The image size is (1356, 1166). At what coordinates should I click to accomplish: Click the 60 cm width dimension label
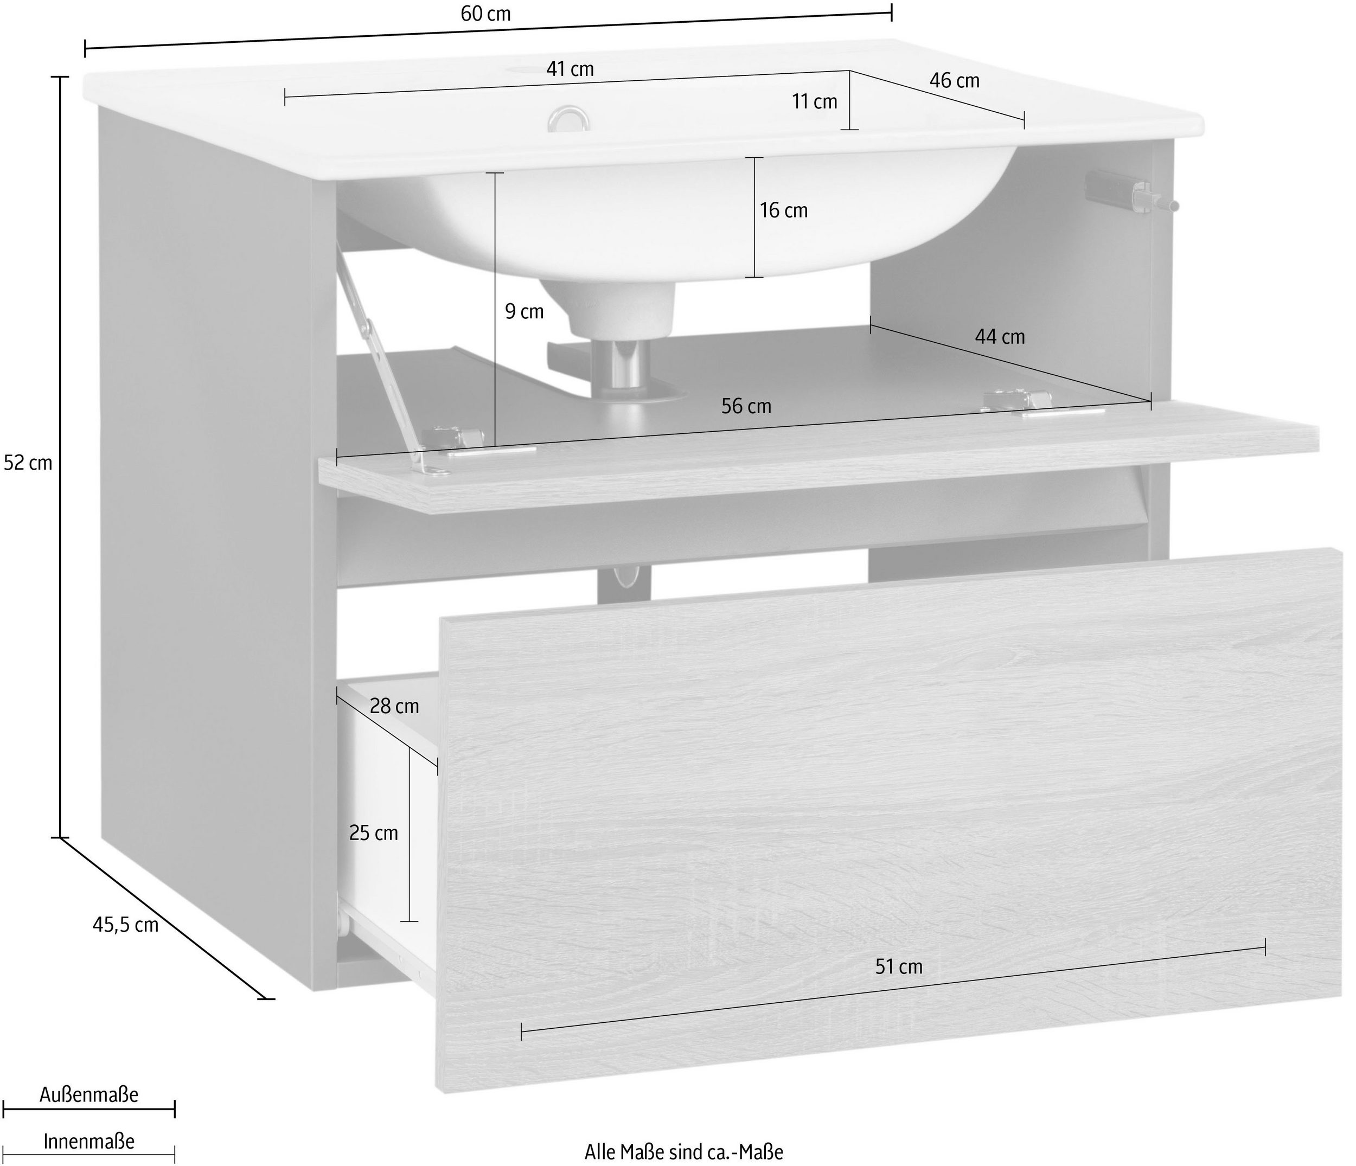485,14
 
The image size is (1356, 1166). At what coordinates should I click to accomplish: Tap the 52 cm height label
28,463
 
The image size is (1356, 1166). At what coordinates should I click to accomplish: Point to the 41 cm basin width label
570,69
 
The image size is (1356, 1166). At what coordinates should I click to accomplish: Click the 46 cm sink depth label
954,80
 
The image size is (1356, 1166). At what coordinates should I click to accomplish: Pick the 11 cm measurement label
814,101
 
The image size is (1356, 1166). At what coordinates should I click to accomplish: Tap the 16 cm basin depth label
783,210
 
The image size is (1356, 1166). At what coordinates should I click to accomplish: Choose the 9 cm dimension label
524,311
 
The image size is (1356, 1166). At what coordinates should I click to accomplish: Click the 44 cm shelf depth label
999,336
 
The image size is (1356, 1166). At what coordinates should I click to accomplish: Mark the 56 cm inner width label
746,406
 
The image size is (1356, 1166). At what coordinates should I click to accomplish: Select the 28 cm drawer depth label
394,706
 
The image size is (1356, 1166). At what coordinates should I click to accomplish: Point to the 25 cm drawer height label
373,833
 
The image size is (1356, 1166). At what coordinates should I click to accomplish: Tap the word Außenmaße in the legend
89,1094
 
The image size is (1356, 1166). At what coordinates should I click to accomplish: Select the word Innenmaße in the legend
89,1141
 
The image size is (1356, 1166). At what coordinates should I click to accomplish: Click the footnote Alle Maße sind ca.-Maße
683,1151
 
